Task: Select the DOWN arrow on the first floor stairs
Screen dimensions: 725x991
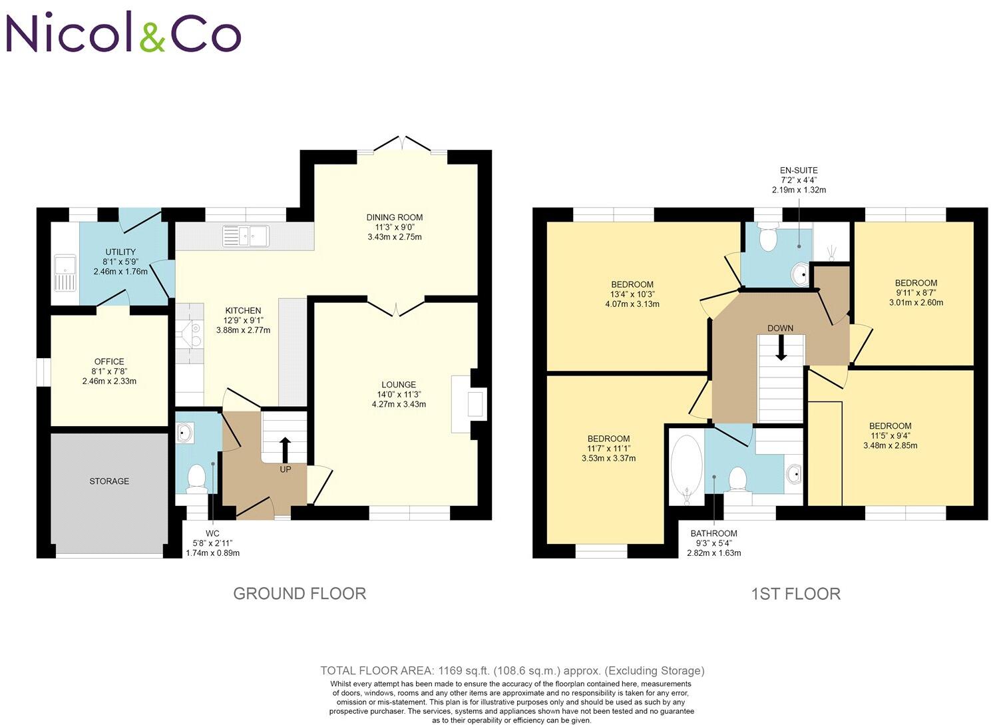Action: coord(781,348)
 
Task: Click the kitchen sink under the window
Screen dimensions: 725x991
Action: coord(246,236)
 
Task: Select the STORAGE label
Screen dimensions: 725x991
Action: coord(109,481)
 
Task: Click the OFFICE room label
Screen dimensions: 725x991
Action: coord(109,362)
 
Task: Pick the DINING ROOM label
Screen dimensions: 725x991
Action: coord(395,217)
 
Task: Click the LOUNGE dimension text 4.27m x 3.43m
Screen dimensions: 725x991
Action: coord(399,404)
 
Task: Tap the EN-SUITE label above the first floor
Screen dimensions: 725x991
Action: coord(799,170)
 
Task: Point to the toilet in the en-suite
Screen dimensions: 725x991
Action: coord(768,239)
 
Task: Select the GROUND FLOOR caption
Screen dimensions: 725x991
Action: coord(299,593)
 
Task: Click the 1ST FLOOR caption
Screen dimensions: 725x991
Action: coord(795,593)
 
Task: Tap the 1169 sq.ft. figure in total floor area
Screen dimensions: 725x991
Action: coord(453,670)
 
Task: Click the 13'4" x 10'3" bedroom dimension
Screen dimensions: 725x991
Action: coord(632,294)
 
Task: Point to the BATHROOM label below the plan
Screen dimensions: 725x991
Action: coord(713,533)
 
